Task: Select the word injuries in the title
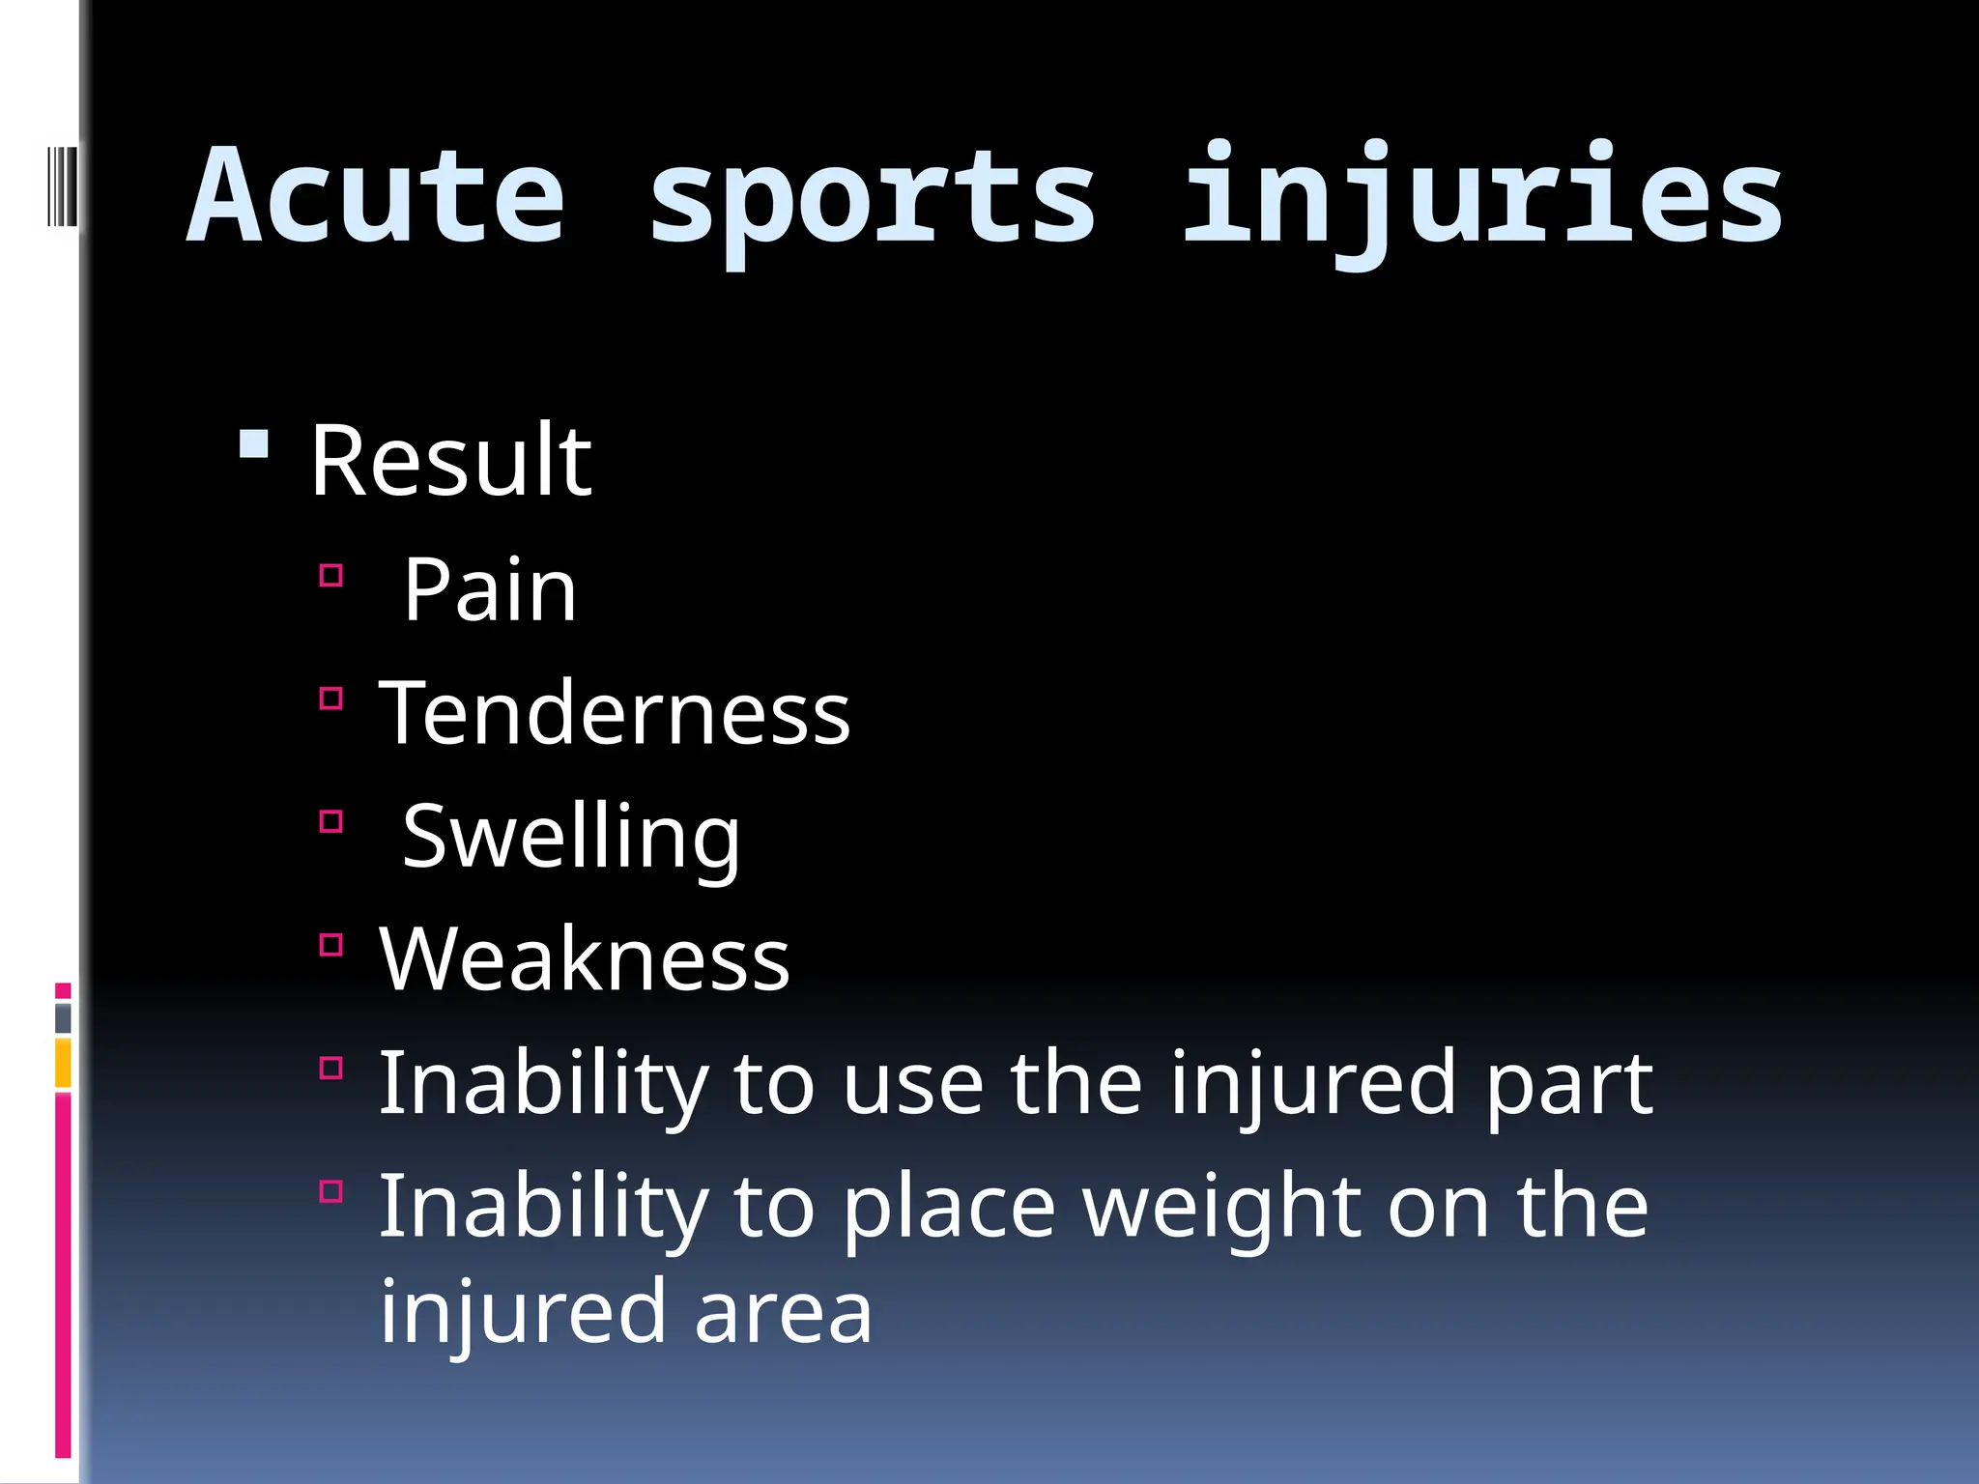[x=1482, y=198]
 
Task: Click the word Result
[x=449, y=462]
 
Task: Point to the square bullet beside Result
[x=253, y=444]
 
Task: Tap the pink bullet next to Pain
[x=330, y=576]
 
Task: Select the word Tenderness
[x=615, y=713]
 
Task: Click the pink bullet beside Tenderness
[x=330, y=699]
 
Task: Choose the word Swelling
[x=571, y=837]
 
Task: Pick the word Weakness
[x=585, y=959]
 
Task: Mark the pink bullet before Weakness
[x=330, y=944]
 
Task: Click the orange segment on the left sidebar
[x=63, y=1063]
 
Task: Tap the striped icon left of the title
[x=62, y=185]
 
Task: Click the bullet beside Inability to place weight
[x=330, y=1190]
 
